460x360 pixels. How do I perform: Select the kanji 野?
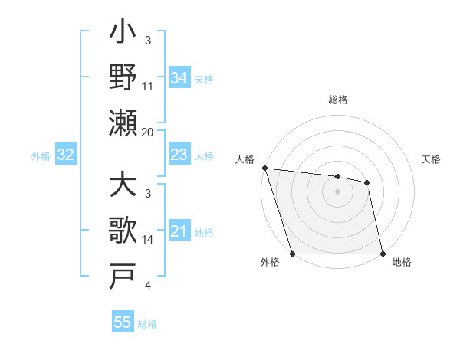click(123, 79)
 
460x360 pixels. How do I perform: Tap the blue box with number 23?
click(179, 155)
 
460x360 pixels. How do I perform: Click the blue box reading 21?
click(179, 231)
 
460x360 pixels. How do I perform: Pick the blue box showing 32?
click(65, 155)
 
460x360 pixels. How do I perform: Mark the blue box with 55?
click(122, 322)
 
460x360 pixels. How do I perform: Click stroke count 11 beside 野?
click(148, 87)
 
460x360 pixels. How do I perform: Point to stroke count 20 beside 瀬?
click(148, 132)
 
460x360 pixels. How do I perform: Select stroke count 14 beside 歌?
click(148, 240)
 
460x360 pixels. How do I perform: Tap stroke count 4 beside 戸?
click(147, 285)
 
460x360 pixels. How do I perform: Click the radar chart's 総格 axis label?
click(338, 100)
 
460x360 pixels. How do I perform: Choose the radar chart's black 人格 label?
click(246, 159)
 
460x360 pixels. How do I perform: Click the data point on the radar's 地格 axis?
click(382, 254)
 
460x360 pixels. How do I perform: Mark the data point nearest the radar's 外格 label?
click(293, 254)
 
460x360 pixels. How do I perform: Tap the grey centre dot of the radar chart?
click(337, 191)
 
